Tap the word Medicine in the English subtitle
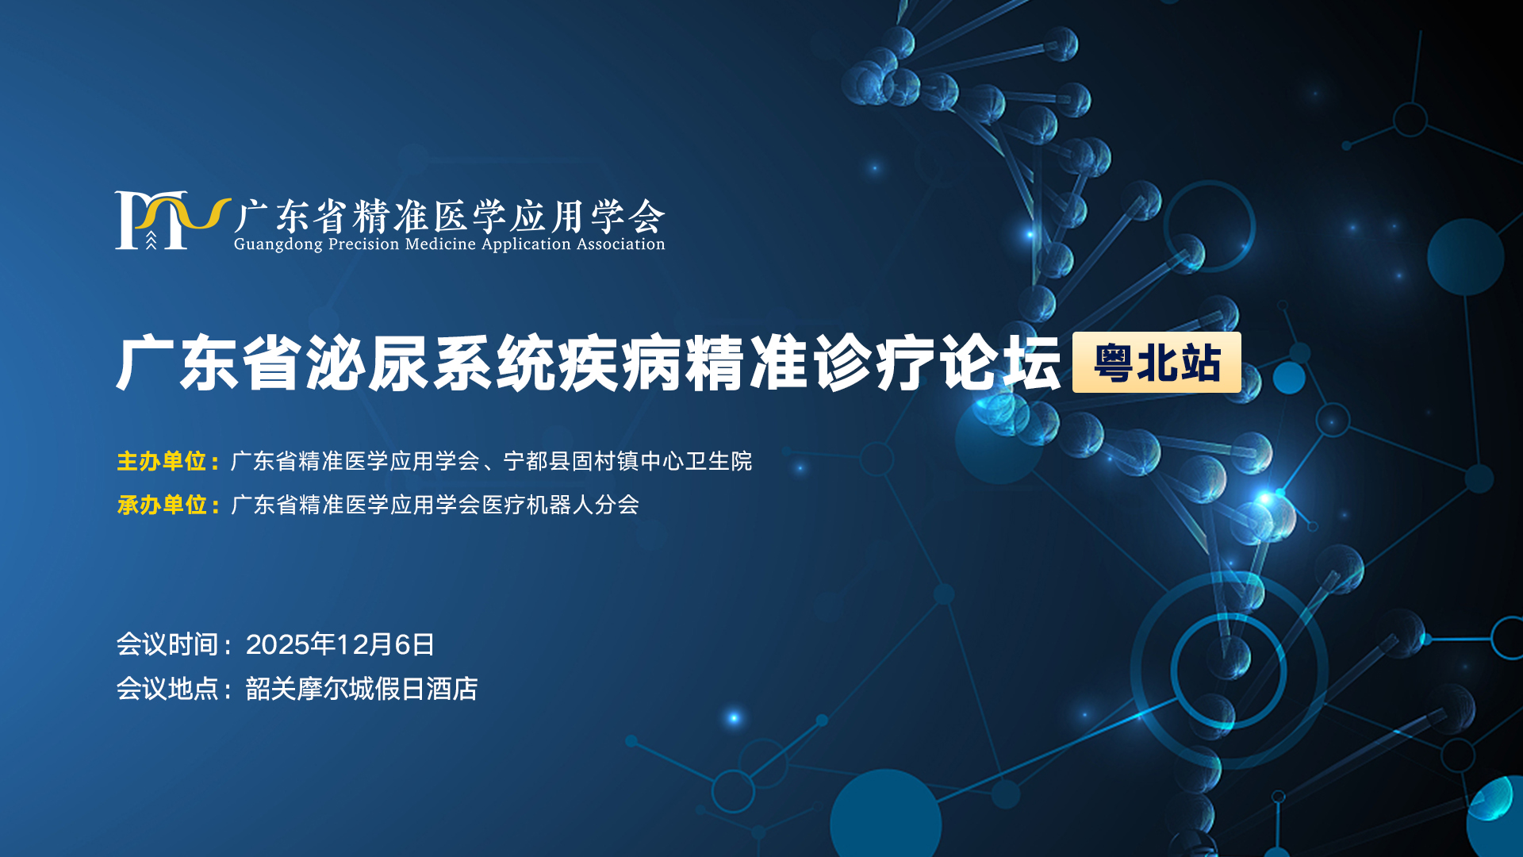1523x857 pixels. pos(440,244)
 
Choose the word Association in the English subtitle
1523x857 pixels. pos(620,244)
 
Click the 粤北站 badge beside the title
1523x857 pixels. pos(1157,363)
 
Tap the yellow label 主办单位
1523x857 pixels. pos(162,461)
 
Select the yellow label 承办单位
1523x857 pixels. pos(162,505)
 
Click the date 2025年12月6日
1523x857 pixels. pos(340,644)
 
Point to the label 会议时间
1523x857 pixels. pos(167,644)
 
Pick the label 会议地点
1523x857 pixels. pos(167,689)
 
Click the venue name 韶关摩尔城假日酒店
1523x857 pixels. pos(362,689)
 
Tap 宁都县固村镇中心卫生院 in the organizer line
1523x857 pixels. pos(628,461)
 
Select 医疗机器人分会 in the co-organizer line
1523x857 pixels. pos(560,505)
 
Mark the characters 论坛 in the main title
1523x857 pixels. pos(999,363)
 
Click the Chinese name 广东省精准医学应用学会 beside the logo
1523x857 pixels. pos(449,215)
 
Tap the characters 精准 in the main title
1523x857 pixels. pos(746,363)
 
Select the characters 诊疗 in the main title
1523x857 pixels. pos(873,363)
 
